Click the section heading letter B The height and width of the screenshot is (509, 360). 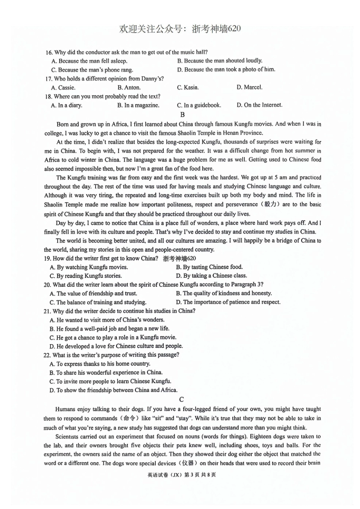(182, 114)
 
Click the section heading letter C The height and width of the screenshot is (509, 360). (182, 399)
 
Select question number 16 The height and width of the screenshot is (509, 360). (48, 52)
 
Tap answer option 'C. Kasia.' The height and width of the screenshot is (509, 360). (188, 87)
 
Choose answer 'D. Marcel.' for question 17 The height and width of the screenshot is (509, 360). (249, 87)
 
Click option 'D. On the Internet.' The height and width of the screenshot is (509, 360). (259, 105)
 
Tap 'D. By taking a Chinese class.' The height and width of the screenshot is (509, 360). (211, 276)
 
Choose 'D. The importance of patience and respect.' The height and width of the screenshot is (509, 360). (228, 302)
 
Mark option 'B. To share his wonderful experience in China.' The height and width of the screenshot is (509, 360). (106, 373)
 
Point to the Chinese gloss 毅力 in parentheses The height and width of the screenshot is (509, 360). (271, 205)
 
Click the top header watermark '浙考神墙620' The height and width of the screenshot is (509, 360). (216, 29)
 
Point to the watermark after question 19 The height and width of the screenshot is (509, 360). (179, 259)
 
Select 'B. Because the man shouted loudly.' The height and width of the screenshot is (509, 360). (219, 61)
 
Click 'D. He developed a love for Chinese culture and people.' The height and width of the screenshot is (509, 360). (116, 346)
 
